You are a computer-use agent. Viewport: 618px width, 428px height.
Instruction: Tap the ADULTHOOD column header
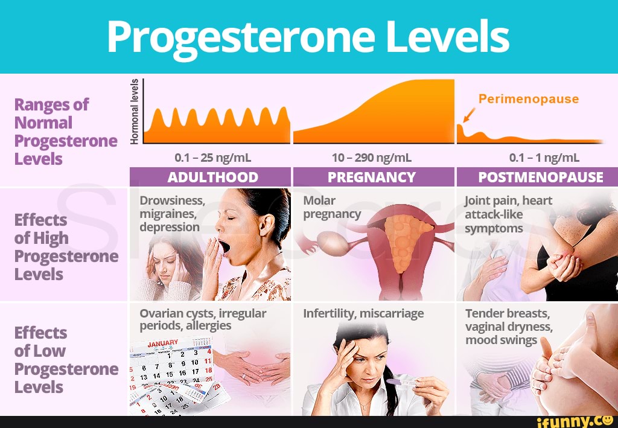[212, 177]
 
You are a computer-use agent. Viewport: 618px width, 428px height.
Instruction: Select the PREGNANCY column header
[372, 177]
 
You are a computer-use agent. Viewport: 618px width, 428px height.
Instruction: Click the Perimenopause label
[529, 99]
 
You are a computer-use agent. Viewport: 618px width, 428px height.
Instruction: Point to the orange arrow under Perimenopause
[468, 114]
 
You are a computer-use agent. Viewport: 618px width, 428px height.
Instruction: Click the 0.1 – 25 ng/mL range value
[212, 158]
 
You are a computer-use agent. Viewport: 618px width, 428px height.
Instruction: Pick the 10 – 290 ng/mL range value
[372, 158]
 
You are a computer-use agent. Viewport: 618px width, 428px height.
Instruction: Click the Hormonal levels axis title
[136, 112]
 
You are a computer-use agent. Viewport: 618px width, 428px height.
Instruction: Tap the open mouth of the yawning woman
[224, 246]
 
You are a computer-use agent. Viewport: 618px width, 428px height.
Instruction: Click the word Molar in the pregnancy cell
[319, 200]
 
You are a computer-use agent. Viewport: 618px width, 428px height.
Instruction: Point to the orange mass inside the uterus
[400, 241]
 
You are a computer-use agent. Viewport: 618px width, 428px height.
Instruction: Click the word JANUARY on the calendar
[163, 343]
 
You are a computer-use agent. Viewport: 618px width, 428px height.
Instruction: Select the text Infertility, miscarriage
[363, 313]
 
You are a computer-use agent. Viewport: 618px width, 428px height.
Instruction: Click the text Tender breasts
[508, 314]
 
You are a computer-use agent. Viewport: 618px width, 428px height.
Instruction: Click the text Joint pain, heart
[508, 201]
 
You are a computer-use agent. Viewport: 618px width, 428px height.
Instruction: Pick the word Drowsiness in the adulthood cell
[172, 201]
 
